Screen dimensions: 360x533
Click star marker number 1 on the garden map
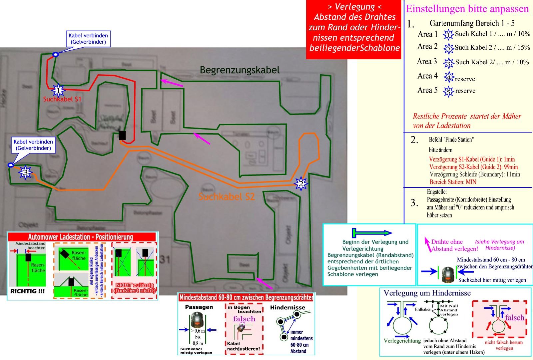pos(58,90)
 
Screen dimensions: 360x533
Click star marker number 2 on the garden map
pos(301,183)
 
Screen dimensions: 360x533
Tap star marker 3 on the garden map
pos(25,173)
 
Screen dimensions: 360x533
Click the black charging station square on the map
pos(123,135)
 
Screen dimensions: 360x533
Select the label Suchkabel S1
pos(62,99)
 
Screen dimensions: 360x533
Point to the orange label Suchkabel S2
pos(227,196)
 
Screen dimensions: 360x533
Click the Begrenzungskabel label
pos(240,70)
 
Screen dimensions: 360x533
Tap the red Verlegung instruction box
pos(353,30)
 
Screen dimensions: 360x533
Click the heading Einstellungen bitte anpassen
pos(467,9)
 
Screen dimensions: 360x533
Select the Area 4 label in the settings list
pos(427,76)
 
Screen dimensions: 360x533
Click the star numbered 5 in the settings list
pos(448,91)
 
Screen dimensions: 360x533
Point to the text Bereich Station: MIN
pos(453,182)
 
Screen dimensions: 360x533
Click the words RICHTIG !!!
pos(27,291)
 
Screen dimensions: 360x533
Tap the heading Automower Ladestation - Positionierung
pos(81,237)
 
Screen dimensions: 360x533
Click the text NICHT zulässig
pos(134,285)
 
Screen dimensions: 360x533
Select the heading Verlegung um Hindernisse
pos(427,293)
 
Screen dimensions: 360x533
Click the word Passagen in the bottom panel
pos(199,307)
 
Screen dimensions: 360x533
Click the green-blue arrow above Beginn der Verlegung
pos(372,232)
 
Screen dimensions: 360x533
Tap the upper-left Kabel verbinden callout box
pos(88,39)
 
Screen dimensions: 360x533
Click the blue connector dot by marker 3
pos(11,165)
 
